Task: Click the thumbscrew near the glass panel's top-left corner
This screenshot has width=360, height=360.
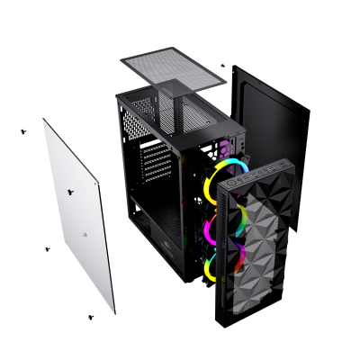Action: (24, 130)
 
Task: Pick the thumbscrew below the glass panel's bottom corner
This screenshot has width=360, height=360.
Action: (91, 317)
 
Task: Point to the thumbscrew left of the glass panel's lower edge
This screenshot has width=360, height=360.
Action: (47, 248)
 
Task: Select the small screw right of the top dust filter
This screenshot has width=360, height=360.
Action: (223, 65)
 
